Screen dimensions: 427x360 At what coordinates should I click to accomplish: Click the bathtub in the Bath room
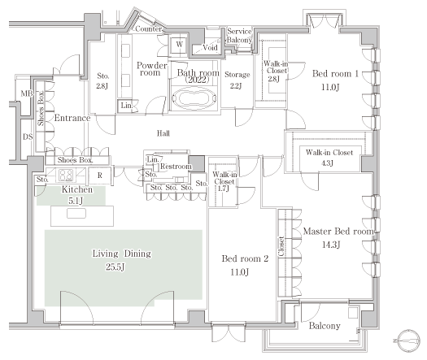point(194,98)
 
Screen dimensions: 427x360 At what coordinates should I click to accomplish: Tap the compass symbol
point(408,340)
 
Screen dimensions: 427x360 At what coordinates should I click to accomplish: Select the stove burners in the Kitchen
point(66,176)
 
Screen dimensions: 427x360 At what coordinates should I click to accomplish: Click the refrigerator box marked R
point(100,176)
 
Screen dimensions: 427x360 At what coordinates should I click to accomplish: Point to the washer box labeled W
point(179,45)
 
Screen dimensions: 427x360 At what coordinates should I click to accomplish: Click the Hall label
point(163,133)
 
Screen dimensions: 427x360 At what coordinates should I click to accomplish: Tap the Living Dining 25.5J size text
point(115,267)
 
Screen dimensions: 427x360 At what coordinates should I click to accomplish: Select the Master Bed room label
point(338,232)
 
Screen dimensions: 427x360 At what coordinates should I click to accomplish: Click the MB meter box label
point(27,93)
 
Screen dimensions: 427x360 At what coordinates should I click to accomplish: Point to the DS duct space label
point(28,137)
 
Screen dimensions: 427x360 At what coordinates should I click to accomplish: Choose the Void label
point(210,48)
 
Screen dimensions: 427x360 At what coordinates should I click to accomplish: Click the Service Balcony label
point(239,36)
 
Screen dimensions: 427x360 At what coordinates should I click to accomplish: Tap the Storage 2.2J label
point(237,80)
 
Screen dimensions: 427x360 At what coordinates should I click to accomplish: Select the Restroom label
point(176,167)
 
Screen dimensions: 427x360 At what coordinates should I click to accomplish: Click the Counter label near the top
point(148,28)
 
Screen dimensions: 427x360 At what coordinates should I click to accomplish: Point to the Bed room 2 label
point(245,258)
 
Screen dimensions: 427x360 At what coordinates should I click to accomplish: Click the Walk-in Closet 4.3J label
point(329,158)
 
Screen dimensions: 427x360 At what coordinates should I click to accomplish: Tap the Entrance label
point(72,118)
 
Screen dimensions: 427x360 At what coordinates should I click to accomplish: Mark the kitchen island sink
point(76,214)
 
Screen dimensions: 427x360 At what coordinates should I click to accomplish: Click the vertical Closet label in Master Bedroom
point(281,246)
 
